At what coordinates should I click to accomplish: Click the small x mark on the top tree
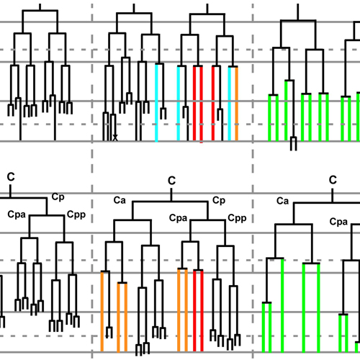click(115, 138)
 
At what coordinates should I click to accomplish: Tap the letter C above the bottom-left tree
click(11, 177)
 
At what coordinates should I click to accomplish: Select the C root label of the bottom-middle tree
click(171, 181)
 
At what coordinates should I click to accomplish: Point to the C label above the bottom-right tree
click(333, 180)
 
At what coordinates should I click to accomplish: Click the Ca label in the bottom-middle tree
click(120, 200)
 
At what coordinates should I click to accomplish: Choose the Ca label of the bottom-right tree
click(282, 201)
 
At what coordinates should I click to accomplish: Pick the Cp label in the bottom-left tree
click(58, 197)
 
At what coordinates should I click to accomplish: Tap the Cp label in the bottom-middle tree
click(219, 201)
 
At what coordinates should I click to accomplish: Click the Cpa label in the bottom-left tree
click(17, 215)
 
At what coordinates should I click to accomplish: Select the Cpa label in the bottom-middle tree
click(178, 218)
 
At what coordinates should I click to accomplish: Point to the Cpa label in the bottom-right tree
click(338, 222)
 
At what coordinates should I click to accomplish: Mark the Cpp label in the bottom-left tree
click(76, 215)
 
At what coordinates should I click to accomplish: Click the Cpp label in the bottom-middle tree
click(237, 218)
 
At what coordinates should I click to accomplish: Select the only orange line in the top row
click(237, 104)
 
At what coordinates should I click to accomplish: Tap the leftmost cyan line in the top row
click(156, 103)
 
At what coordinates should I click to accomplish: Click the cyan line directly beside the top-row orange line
click(230, 104)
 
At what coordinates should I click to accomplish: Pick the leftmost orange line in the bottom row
click(102, 312)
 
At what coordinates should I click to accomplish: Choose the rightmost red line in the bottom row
click(202, 311)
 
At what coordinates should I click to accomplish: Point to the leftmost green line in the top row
click(269, 118)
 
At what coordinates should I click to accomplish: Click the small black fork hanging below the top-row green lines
click(293, 143)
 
